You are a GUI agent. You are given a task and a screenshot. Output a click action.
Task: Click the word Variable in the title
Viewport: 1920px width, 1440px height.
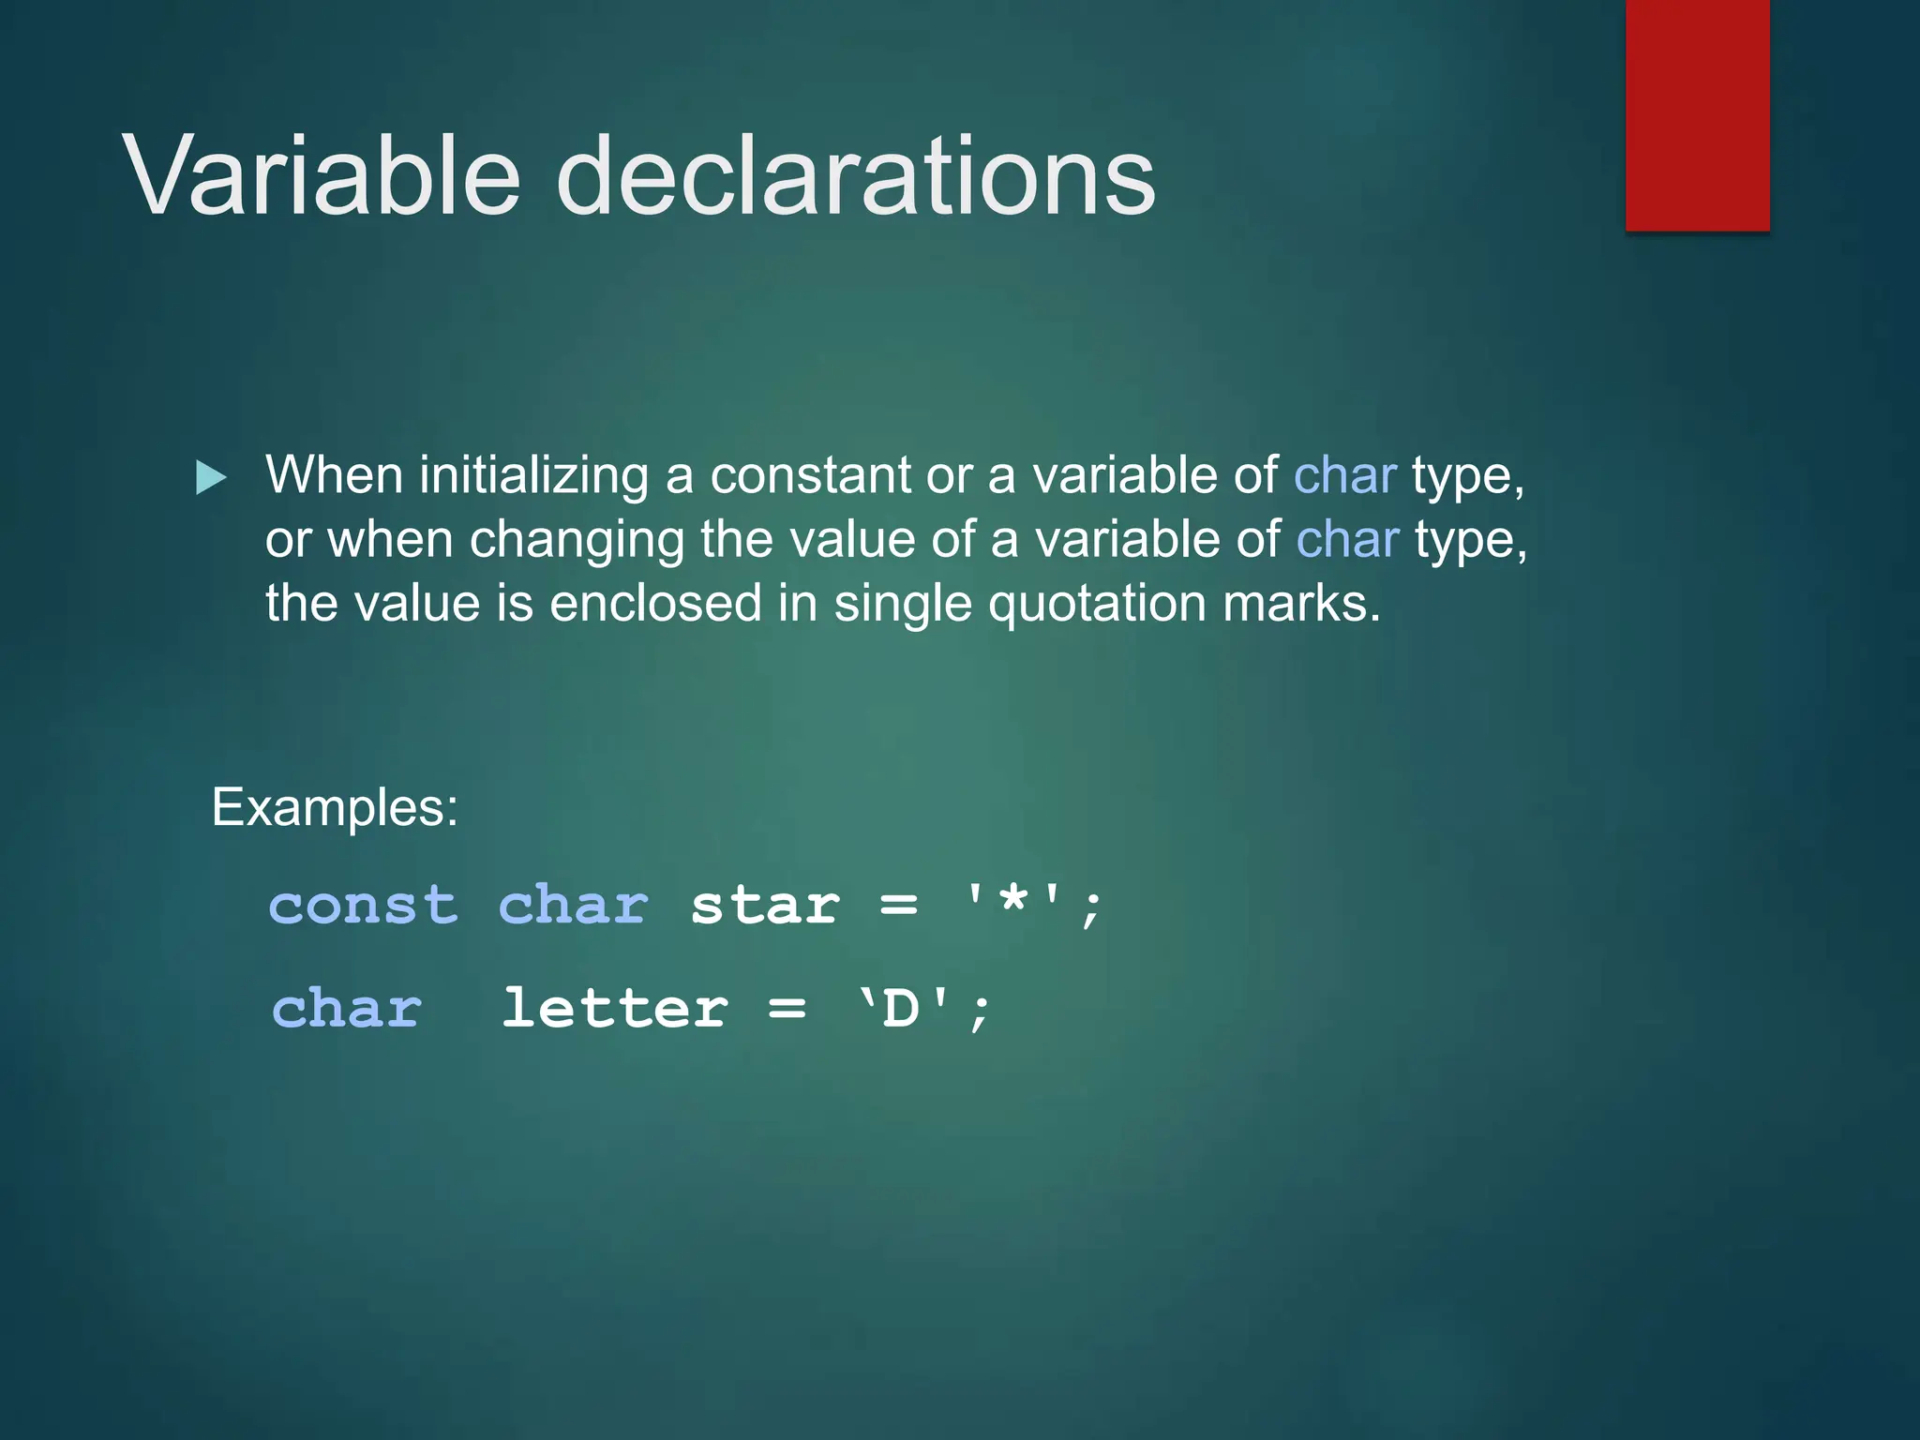click(321, 176)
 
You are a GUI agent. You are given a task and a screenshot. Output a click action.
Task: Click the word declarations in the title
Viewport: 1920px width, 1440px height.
click(855, 176)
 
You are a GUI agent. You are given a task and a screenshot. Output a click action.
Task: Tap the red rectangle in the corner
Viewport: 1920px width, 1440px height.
click(1697, 114)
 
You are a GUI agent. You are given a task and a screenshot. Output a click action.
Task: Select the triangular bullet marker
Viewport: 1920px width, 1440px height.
click(211, 478)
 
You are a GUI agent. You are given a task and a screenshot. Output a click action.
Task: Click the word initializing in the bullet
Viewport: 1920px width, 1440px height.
click(533, 476)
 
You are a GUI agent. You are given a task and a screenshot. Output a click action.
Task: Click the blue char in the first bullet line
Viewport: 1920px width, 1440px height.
click(1344, 475)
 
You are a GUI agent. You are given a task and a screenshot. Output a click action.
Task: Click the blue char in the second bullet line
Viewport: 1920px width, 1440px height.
click(1347, 540)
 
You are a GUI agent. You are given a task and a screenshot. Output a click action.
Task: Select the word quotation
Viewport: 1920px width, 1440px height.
click(1097, 604)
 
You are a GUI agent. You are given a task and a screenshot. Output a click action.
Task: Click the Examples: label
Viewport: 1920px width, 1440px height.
click(335, 807)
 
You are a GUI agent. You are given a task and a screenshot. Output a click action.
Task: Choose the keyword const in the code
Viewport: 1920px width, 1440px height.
click(364, 906)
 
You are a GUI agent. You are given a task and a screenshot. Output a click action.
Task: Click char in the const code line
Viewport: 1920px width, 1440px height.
click(573, 906)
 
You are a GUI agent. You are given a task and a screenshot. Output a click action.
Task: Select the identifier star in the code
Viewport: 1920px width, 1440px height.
click(764, 906)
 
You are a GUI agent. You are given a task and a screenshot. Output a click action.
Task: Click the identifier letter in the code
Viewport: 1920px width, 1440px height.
click(614, 1009)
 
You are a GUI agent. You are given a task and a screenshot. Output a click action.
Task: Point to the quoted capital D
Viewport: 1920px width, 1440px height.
click(901, 1009)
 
